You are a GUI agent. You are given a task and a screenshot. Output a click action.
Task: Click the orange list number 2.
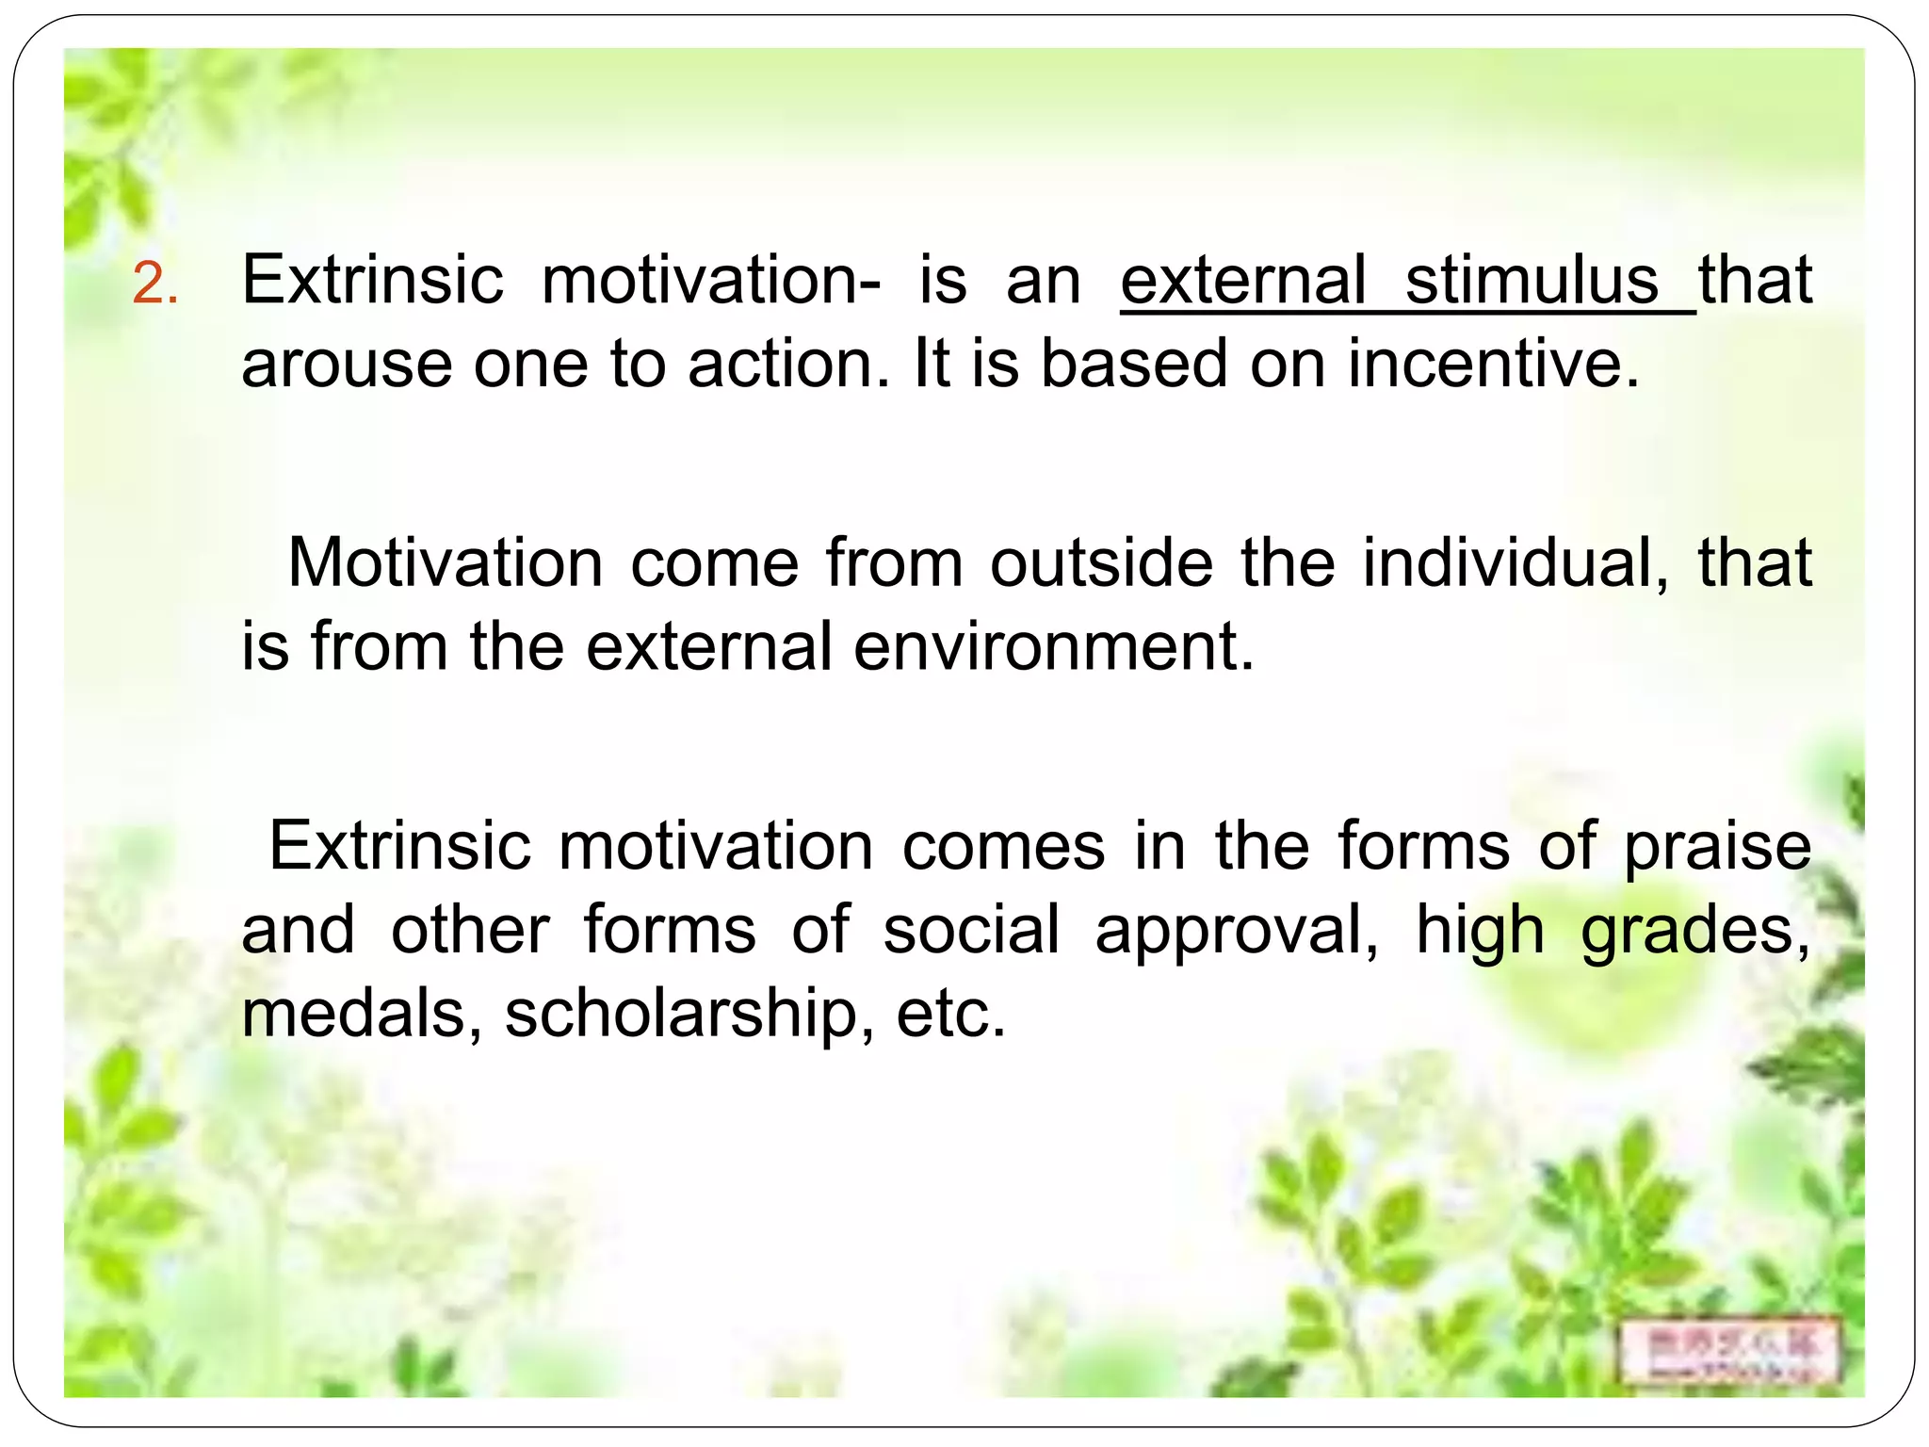click(x=154, y=283)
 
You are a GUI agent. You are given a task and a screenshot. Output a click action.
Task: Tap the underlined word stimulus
click(x=1532, y=280)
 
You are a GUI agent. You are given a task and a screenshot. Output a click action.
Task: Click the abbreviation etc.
click(x=950, y=1015)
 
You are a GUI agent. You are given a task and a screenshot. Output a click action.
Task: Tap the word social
click(x=971, y=930)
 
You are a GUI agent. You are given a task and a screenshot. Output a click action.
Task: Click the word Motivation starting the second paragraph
click(x=445, y=562)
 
